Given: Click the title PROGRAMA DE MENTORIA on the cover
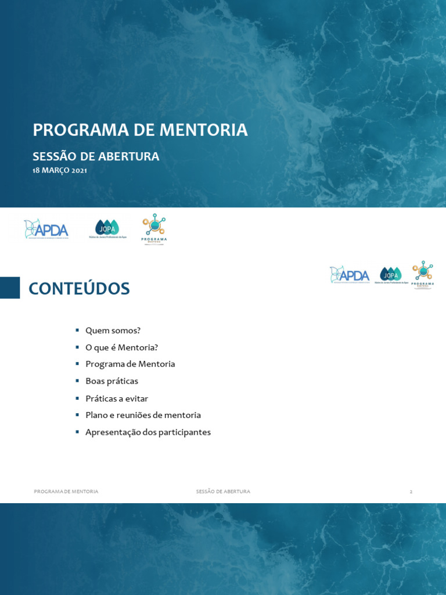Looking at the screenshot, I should click(x=140, y=130).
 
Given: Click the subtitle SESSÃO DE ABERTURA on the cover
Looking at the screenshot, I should click(x=96, y=156).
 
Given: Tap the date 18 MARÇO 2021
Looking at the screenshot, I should click(x=60, y=170).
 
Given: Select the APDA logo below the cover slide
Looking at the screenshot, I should click(x=46, y=229).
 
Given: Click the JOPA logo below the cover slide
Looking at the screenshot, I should click(x=107, y=228).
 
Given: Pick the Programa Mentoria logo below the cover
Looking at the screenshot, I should click(x=154, y=229).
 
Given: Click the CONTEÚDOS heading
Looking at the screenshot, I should click(x=79, y=289).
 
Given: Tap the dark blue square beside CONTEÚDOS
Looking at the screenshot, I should click(x=10, y=288).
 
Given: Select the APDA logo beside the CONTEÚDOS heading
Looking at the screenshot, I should click(x=350, y=275).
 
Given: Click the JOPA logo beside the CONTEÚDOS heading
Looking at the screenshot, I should click(x=391, y=275).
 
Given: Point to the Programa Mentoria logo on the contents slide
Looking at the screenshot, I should click(x=423, y=274).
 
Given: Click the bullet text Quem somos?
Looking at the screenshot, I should click(x=113, y=331).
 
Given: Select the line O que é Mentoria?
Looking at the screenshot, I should click(x=121, y=347).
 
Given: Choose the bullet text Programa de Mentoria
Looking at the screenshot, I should click(x=130, y=364).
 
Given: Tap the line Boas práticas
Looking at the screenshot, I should click(x=111, y=381).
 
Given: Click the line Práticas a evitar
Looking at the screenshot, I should click(x=117, y=399).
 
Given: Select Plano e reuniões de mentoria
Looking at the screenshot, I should click(x=143, y=415).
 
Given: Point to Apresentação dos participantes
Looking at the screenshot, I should click(x=148, y=432).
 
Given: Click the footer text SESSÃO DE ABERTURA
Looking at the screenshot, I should click(x=223, y=492).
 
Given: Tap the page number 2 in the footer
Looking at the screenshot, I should click(x=411, y=492).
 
